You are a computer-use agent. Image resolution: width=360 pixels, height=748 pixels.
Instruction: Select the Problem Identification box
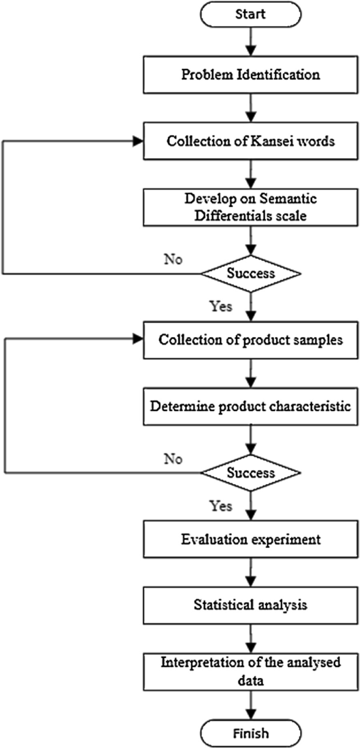[250, 75]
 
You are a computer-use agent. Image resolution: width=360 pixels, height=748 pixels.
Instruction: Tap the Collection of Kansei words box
[250, 141]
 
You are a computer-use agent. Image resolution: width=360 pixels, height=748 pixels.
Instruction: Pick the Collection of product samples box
[250, 339]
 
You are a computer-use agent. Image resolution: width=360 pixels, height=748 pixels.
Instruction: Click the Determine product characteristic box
[250, 406]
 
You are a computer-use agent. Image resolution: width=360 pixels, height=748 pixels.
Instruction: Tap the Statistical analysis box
[250, 605]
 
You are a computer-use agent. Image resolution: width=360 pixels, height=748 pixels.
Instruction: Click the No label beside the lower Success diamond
[173, 459]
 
